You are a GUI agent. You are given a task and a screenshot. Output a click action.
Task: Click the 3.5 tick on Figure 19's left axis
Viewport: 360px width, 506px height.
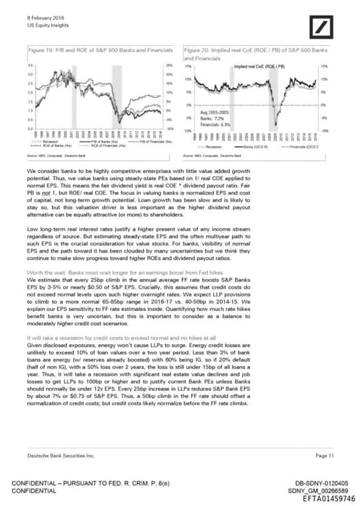30,66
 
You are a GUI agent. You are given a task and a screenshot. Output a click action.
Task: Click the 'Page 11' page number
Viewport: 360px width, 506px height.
324,456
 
